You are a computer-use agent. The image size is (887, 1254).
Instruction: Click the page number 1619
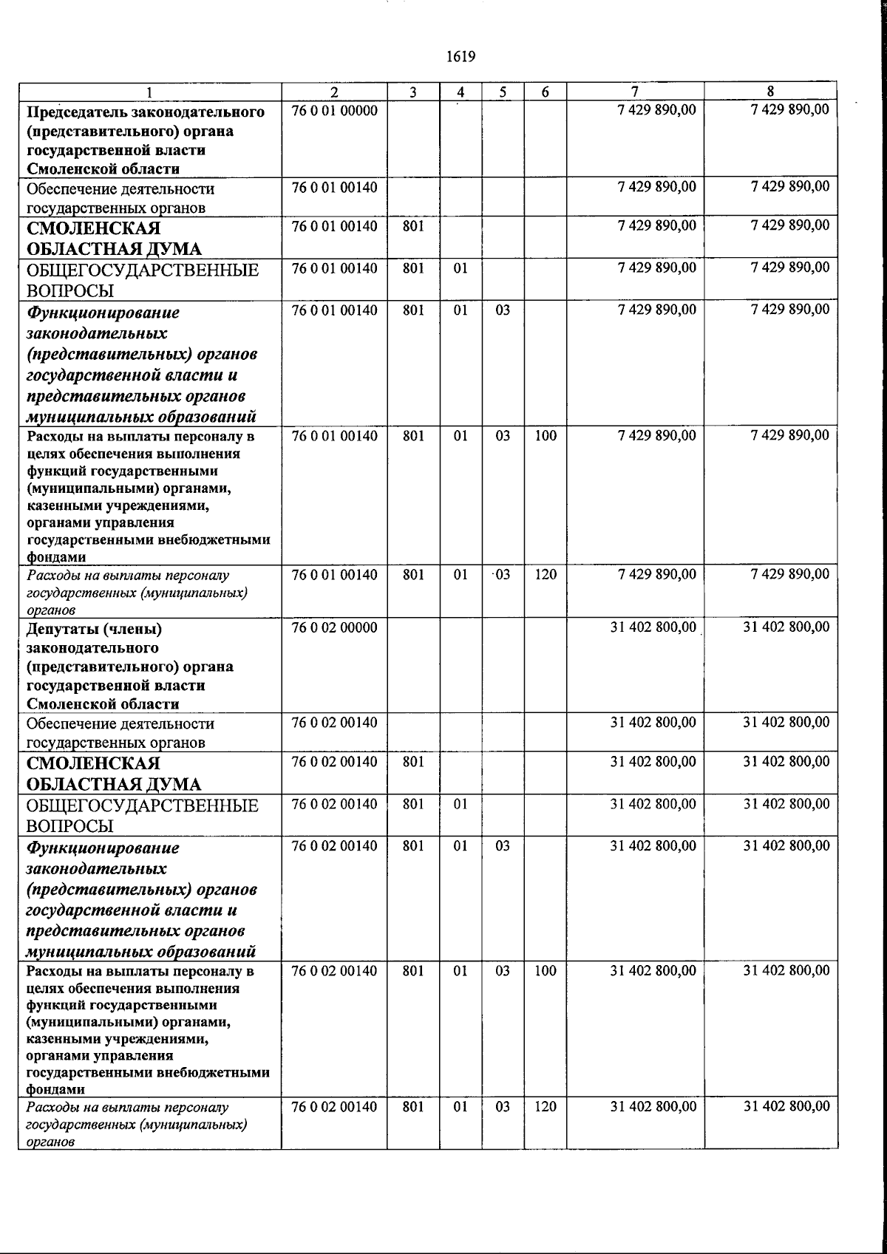tap(461, 57)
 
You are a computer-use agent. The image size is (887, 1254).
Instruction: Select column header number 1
tap(150, 92)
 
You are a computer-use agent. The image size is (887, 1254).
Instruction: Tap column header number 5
tap(503, 92)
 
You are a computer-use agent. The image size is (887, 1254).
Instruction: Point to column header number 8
tap(770, 92)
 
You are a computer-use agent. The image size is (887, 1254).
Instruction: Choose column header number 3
tap(413, 92)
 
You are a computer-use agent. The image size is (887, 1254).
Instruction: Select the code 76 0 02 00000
tap(335, 628)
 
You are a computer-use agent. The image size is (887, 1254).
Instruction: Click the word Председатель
tap(75, 112)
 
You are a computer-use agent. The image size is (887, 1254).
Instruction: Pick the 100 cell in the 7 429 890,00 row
tap(546, 436)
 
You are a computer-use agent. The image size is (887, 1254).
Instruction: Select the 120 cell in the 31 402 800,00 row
tap(546, 1107)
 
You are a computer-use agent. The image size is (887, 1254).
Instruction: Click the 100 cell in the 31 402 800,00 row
tap(546, 971)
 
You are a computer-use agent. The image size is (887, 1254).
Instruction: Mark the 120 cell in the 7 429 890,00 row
tap(546, 575)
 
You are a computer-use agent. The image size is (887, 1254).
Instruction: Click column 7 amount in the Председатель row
tap(656, 110)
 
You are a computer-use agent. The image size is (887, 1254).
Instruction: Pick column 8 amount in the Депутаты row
tap(786, 627)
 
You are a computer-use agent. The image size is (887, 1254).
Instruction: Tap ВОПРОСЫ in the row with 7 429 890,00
tap(70, 290)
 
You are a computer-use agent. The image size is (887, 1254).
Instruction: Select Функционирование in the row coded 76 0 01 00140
tap(103, 313)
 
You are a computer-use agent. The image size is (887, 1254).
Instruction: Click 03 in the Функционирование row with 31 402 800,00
tap(503, 846)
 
